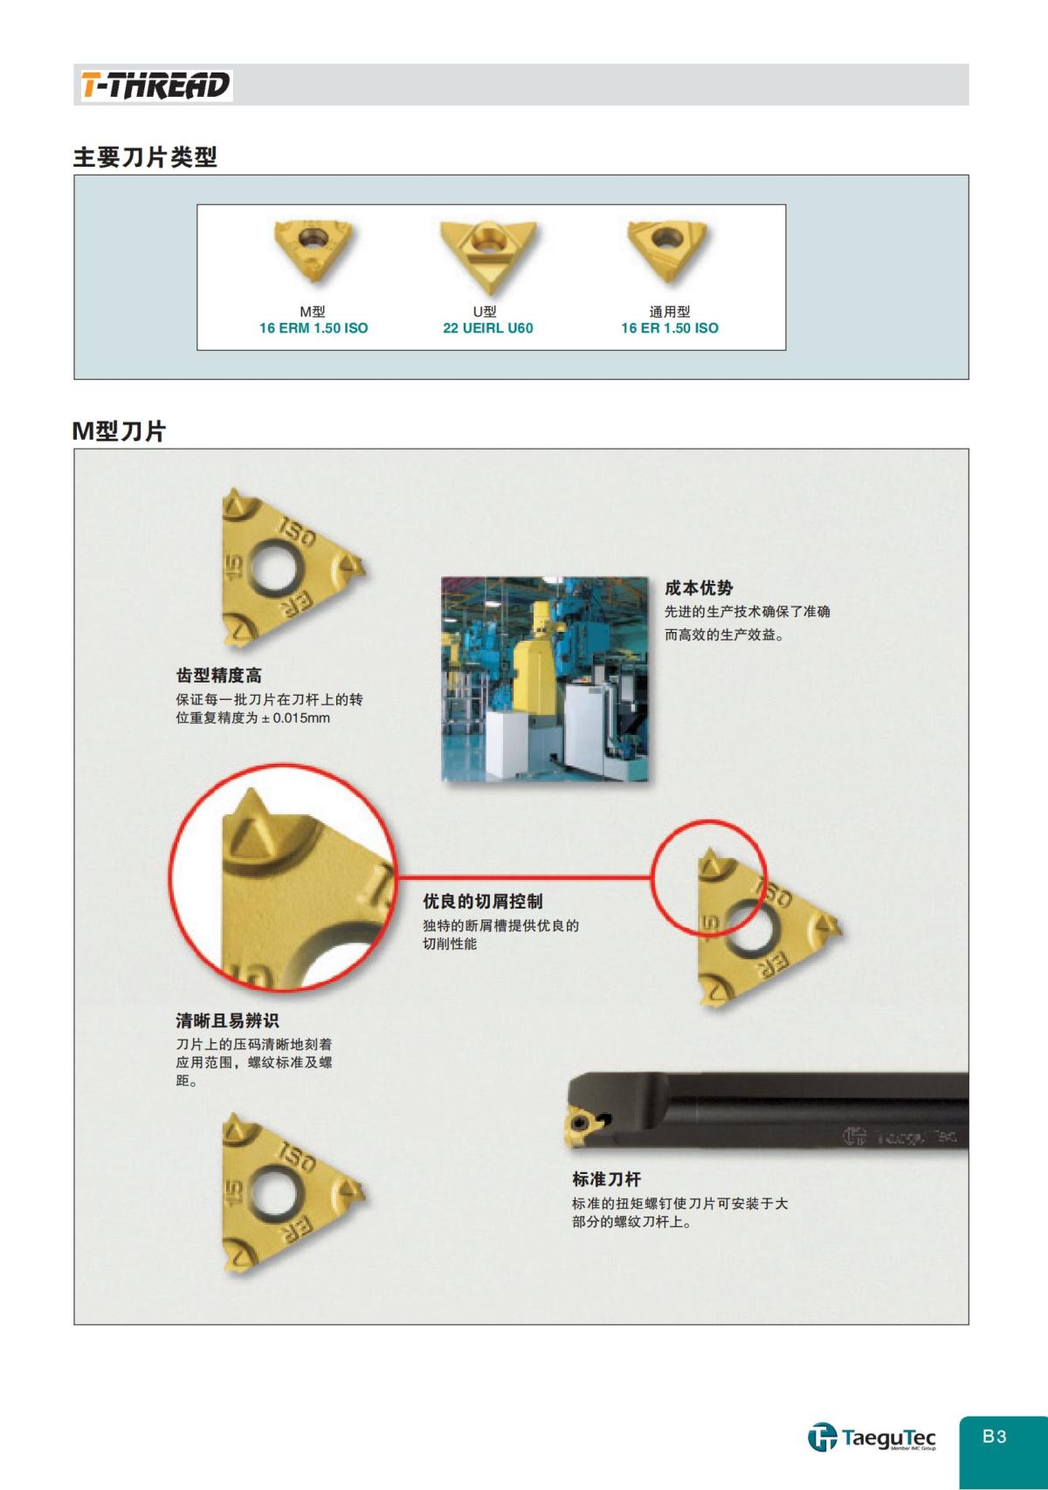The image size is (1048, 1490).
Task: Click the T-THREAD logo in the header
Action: [155, 86]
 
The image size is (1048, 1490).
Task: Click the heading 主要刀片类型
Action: [145, 157]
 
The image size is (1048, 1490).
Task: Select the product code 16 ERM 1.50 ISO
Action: [314, 328]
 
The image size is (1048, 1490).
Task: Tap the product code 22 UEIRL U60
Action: [487, 328]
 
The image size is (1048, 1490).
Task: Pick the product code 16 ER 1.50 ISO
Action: [670, 328]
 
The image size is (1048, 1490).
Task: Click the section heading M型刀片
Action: [119, 431]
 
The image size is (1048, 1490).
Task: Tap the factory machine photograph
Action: [545, 679]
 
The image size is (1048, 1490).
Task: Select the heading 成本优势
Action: [699, 588]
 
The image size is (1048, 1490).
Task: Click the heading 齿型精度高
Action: [218, 676]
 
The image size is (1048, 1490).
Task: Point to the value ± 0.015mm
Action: [296, 718]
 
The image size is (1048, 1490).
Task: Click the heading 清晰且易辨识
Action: [227, 1020]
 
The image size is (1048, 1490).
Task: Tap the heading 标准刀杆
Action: [607, 1179]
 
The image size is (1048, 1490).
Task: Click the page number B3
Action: [995, 1436]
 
